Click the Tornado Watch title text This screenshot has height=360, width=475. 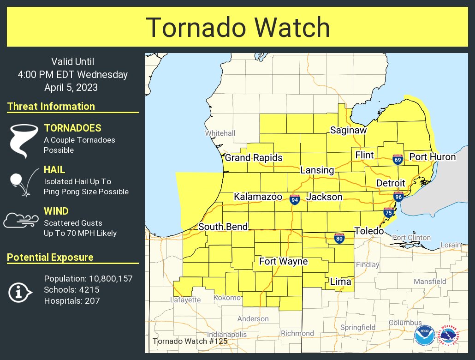[x=237, y=28]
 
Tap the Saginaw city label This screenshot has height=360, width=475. [x=348, y=131]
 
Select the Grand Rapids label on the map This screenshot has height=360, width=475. [x=254, y=158]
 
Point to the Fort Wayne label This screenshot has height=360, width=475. [x=283, y=262]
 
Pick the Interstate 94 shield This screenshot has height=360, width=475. [x=295, y=199]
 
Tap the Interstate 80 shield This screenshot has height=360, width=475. [x=339, y=238]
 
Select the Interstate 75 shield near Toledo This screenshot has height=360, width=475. [x=389, y=213]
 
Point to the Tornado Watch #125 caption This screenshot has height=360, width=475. [x=190, y=342]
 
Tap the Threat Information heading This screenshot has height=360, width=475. [x=51, y=106]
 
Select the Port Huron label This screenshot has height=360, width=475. [x=432, y=157]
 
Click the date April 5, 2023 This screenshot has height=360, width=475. [x=72, y=87]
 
